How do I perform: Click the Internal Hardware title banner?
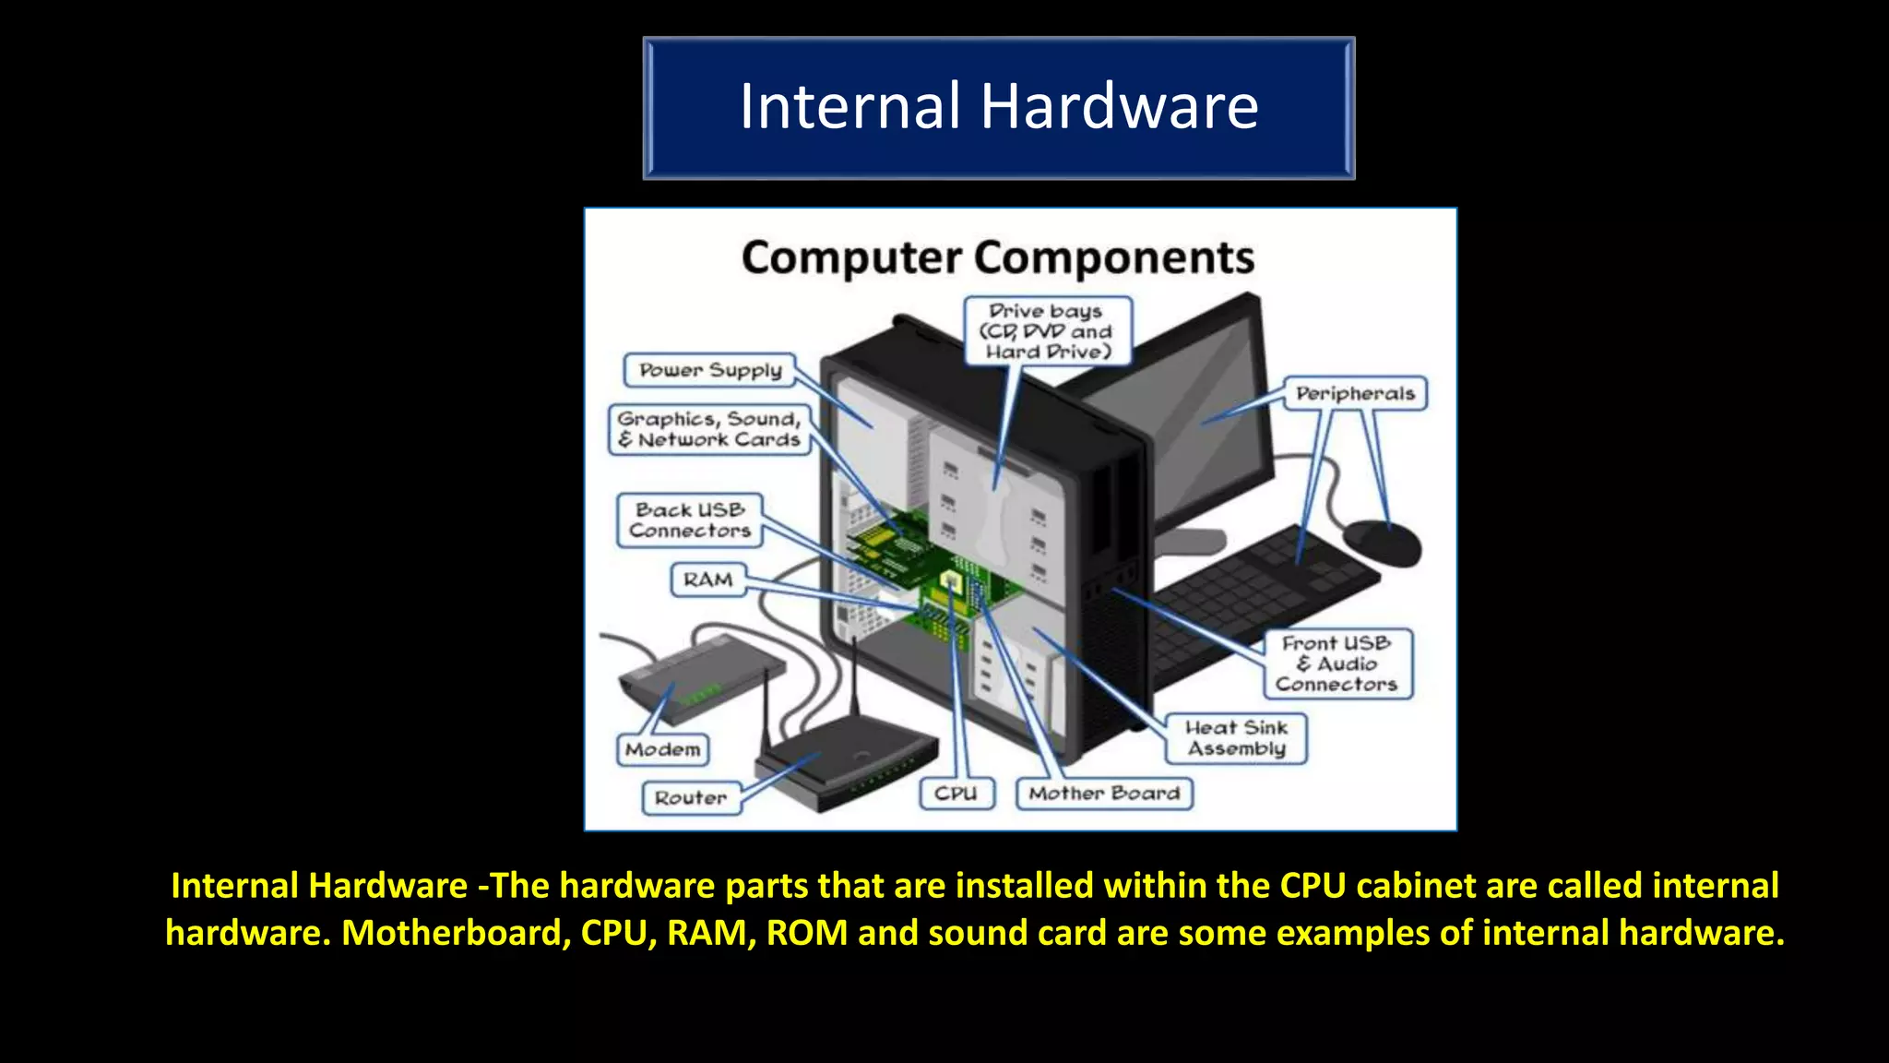point(998,107)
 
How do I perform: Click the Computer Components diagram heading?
point(997,257)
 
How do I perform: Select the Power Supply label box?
point(709,370)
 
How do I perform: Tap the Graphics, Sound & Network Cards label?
point(709,429)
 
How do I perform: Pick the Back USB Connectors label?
point(689,520)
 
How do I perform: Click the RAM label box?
point(707,579)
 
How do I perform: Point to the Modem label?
point(662,749)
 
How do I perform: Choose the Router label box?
point(691,797)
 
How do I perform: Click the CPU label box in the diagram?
point(956,793)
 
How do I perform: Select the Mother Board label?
point(1103,793)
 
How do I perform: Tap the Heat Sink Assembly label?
point(1235,738)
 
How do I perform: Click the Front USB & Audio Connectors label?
point(1337,663)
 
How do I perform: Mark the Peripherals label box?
point(1354,393)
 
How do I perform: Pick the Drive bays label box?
point(1047,331)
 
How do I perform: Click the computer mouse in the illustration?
point(1381,542)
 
